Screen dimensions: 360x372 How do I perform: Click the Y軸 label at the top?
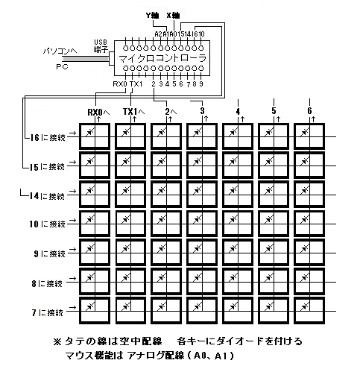tap(152, 16)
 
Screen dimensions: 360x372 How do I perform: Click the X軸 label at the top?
tap(173, 16)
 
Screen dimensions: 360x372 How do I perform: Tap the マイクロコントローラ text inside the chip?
tap(162, 58)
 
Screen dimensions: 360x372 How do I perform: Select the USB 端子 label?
tap(101, 46)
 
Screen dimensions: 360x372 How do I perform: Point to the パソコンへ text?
tap(60, 51)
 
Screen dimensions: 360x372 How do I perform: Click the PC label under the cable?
tap(62, 67)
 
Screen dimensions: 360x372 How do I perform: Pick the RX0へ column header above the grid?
tap(98, 112)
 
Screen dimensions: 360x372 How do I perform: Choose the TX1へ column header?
tap(134, 112)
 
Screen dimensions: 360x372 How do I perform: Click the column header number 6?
tap(309, 110)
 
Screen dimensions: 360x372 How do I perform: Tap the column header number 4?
tap(238, 111)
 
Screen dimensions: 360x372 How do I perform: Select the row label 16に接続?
tap(48, 137)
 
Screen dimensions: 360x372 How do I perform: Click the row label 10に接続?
tap(47, 224)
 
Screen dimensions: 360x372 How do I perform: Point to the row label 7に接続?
tap(48, 312)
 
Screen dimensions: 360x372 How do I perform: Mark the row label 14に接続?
tap(47, 196)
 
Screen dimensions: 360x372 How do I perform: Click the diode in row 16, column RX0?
tap(89, 133)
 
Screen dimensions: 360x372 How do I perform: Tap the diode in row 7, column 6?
tap(304, 307)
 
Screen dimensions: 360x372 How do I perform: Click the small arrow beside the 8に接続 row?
tap(72, 278)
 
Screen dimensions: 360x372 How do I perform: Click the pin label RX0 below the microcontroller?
tap(120, 84)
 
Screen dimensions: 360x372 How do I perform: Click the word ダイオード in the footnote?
tap(240, 341)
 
